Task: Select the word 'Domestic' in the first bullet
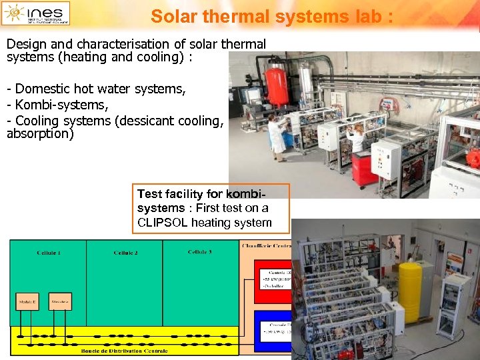[x=42, y=89]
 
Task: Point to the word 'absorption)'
[x=40, y=133]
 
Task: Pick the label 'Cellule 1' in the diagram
[x=49, y=253]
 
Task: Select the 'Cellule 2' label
[x=125, y=253]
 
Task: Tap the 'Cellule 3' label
[x=200, y=252]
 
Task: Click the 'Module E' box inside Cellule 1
[x=27, y=301]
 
